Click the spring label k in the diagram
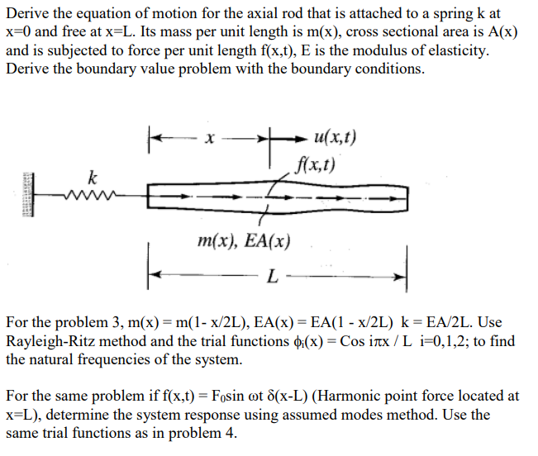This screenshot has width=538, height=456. [x=93, y=176]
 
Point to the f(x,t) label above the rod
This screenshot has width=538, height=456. [x=317, y=164]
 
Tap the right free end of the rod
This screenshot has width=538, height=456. [x=406, y=198]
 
